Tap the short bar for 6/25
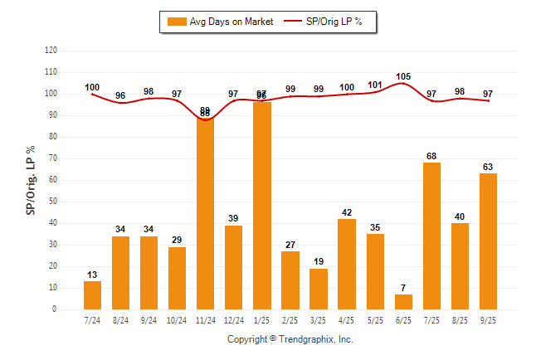click(403, 302)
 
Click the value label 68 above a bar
click(431, 155)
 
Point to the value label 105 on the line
click(403, 76)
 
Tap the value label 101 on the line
click(375, 85)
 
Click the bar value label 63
click(488, 166)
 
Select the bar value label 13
click(92, 274)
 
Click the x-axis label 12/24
click(233, 319)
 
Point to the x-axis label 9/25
click(488, 319)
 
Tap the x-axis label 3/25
click(319, 319)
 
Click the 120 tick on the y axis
click(51, 50)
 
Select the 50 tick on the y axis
click(53, 202)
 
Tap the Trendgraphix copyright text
click(290, 339)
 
